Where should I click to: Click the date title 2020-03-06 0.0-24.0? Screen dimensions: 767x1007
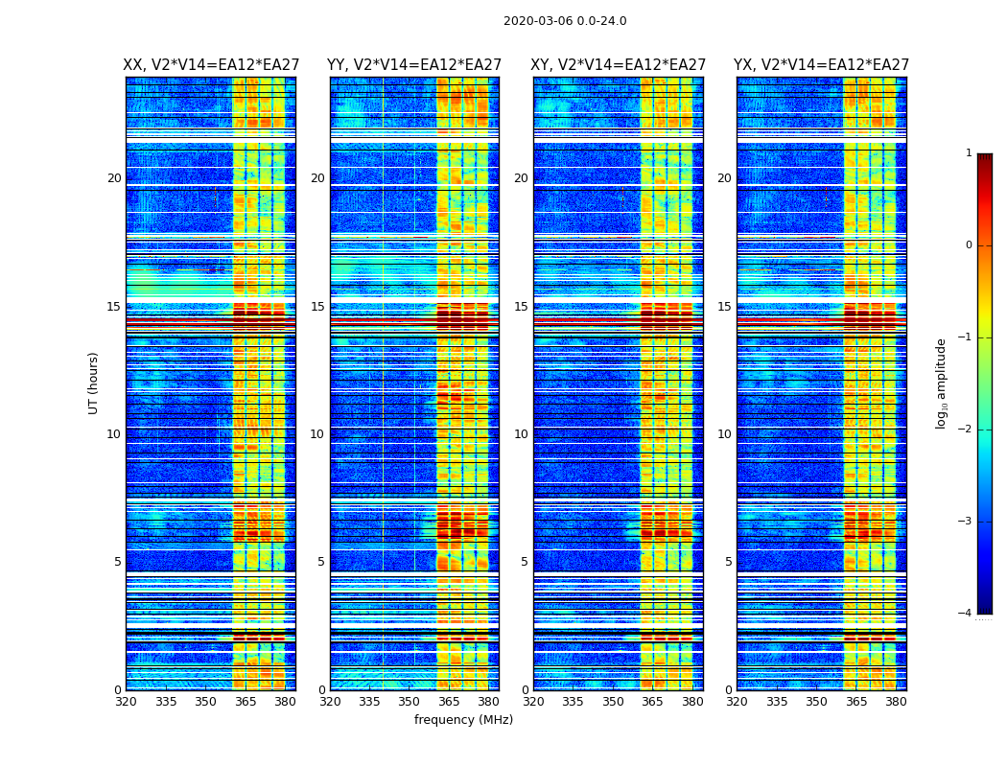[565, 21]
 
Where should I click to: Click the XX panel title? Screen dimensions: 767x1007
[211, 65]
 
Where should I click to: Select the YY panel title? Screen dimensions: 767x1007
[414, 65]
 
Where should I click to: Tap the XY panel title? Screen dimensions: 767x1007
[619, 65]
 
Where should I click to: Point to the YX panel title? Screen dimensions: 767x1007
[822, 65]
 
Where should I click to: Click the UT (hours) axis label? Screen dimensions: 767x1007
[94, 383]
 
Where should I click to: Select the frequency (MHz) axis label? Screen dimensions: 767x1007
[463, 720]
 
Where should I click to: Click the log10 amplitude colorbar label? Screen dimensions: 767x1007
[942, 383]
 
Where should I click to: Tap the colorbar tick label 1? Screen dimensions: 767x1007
[969, 153]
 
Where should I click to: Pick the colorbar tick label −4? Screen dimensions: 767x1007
[966, 614]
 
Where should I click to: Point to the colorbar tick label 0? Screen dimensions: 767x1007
[969, 245]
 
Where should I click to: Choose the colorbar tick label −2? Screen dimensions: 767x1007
[966, 430]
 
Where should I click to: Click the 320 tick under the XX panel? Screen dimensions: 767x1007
[126, 702]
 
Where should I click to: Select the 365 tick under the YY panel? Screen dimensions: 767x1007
[449, 702]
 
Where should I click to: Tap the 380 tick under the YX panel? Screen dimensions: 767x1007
[896, 702]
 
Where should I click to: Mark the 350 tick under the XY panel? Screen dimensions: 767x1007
[613, 702]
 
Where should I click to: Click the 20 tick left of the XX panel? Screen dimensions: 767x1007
[114, 178]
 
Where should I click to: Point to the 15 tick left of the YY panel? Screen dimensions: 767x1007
[317, 307]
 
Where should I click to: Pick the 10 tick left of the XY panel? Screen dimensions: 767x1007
[521, 434]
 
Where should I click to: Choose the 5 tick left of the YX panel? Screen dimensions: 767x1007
[728, 562]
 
